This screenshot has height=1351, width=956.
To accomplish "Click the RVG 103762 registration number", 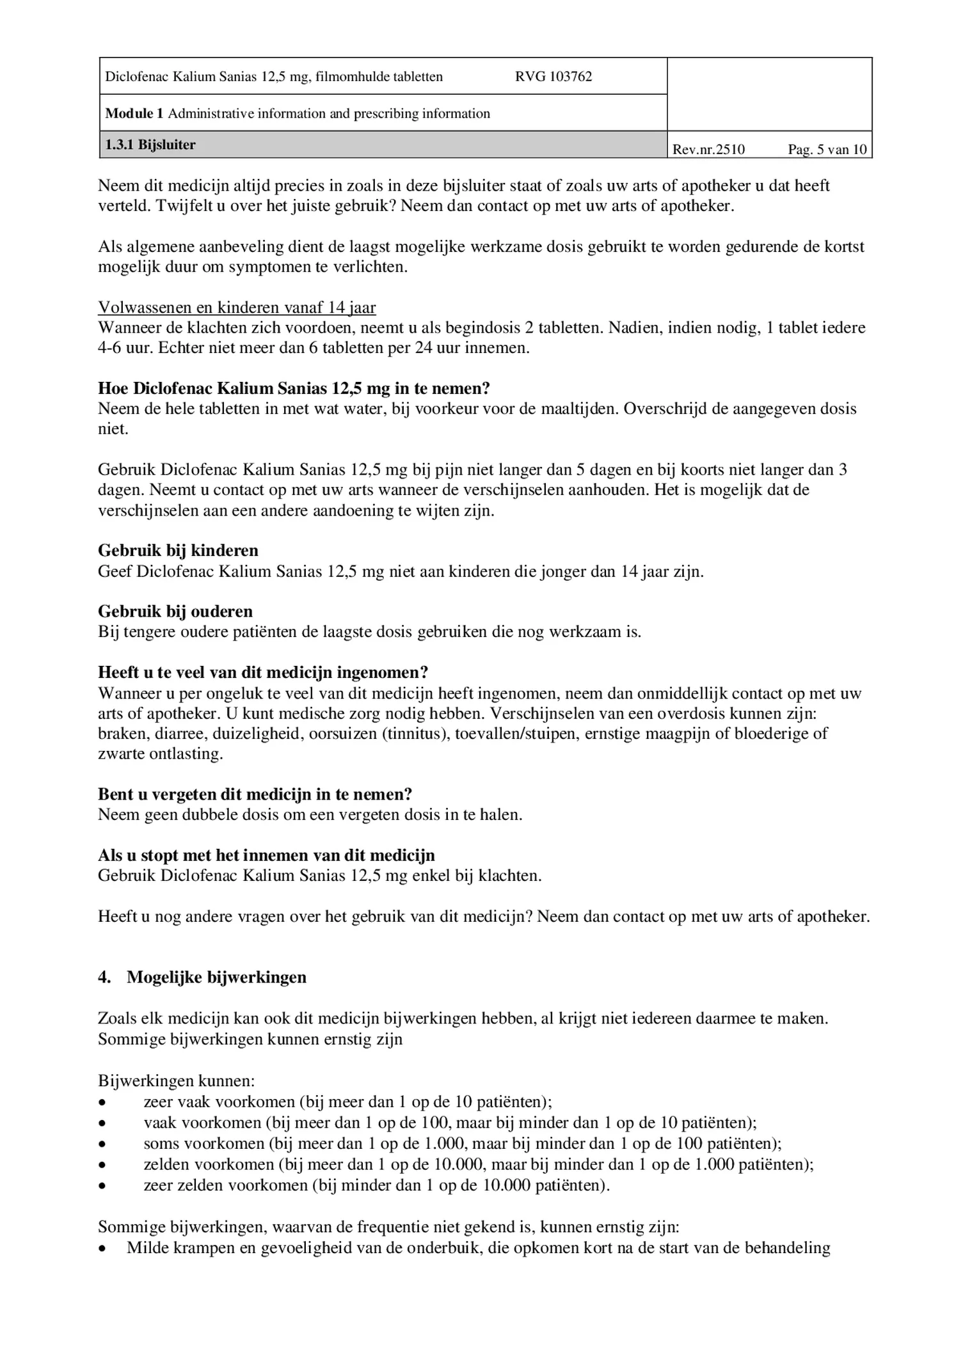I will click(x=553, y=77).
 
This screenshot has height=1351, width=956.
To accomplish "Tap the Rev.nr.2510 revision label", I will click(x=708, y=150).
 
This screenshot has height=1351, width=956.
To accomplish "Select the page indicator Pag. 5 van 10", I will click(x=827, y=150).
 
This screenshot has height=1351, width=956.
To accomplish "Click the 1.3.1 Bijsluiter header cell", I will click(x=150, y=145).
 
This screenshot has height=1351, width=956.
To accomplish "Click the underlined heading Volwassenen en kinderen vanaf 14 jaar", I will click(x=237, y=308).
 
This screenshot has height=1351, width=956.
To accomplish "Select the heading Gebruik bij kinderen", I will click(x=178, y=551).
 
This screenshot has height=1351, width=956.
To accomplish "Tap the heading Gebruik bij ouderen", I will click(x=175, y=612).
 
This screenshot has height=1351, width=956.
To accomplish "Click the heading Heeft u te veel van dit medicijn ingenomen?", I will click(x=262, y=672).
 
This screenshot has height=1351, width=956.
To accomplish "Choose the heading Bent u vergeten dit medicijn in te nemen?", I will click(x=255, y=794).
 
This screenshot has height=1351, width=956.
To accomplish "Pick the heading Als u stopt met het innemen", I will click(x=266, y=855).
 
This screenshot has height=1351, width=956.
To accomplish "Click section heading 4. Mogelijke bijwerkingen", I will click(x=202, y=977).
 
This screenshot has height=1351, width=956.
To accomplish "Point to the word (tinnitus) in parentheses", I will click(x=414, y=734).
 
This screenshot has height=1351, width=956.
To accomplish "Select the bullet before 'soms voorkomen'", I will click(x=102, y=1144).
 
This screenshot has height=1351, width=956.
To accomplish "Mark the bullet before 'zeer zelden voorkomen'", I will click(x=102, y=1185).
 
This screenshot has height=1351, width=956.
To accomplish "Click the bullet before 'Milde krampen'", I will click(x=102, y=1248).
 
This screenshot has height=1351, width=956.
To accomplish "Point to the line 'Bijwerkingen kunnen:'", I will click(x=177, y=1081).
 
